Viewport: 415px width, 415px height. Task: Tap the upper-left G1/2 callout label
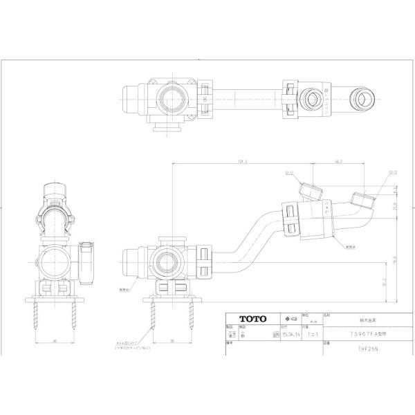288,175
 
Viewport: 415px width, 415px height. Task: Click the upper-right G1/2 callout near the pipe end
373,175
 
